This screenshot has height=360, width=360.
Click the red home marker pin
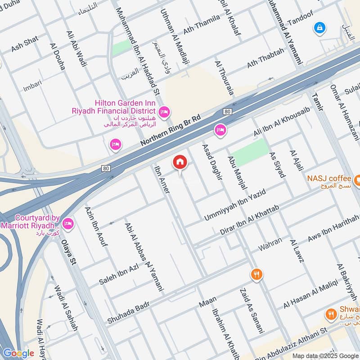click(180, 162)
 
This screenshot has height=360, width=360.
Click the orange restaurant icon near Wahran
click(256, 274)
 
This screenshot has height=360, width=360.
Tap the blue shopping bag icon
click(319, 27)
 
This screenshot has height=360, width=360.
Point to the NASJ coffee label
click(329, 178)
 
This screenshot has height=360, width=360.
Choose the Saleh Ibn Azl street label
click(119, 275)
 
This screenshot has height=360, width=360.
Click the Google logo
click(18, 353)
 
